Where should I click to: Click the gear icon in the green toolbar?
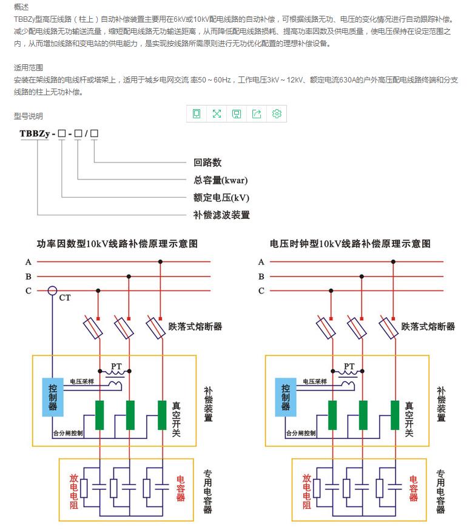[277, 113]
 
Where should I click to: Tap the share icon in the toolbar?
[257, 113]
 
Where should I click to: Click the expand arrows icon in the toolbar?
[217, 113]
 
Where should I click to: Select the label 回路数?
[207, 163]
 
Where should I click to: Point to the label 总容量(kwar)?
[220, 180]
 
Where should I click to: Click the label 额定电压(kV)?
[221, 197]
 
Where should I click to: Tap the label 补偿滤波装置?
[221, 215]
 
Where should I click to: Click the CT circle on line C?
[53, 291]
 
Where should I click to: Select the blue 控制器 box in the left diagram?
[53, 397]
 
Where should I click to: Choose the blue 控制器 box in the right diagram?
[285, 397]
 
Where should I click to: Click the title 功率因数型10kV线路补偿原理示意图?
[118, 244]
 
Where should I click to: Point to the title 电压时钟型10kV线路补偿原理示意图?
[350, 244]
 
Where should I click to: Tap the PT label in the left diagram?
[116, 366]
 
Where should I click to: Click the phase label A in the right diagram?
[261, 262]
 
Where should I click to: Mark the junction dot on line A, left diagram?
[161, 262]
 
